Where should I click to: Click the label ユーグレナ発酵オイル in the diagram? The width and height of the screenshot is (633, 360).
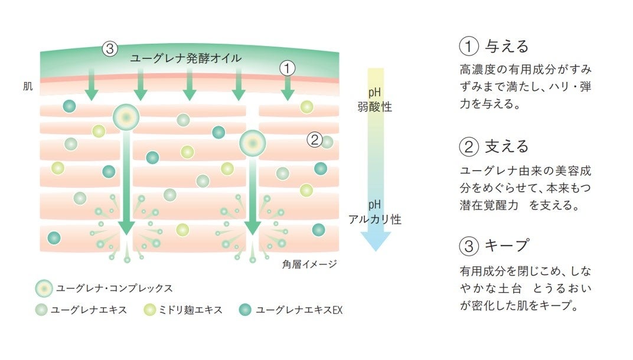(x=186, y=59)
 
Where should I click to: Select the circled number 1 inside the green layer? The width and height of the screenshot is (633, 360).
(x=286, y=68)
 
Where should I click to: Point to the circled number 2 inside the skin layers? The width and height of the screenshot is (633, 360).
(x=314, y=140)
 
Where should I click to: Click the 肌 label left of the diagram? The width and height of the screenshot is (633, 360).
(x=28, y=87)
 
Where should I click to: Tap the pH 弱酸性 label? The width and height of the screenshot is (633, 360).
(x=374, y=100)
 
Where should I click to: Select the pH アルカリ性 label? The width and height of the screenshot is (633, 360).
(x=374, y=212)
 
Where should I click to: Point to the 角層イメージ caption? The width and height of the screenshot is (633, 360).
(x=309, y=264)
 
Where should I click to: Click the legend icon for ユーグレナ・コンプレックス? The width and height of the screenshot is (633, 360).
(x=44, y=289)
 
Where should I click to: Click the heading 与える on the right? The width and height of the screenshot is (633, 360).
(x=507, y=47)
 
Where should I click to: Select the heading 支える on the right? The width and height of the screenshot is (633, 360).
(x=507, y=146)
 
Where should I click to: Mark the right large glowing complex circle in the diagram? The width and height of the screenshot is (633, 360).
(x=252, y=143)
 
